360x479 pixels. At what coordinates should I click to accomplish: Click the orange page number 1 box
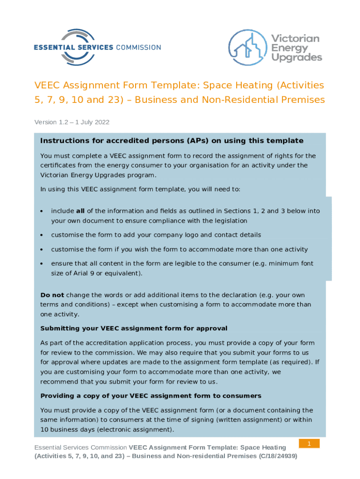(309, 443)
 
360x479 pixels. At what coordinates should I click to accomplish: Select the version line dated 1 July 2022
(72, 122)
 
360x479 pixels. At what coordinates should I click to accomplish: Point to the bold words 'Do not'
(52, 295)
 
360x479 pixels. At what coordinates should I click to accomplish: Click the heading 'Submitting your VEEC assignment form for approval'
(134, 328)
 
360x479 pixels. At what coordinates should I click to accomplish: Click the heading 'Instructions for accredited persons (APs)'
(172, 141)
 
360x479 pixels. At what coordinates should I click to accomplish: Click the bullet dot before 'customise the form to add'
(42, 235)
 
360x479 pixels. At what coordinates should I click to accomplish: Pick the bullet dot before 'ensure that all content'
(42, 264)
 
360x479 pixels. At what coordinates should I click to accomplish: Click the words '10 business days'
(65, 429)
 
